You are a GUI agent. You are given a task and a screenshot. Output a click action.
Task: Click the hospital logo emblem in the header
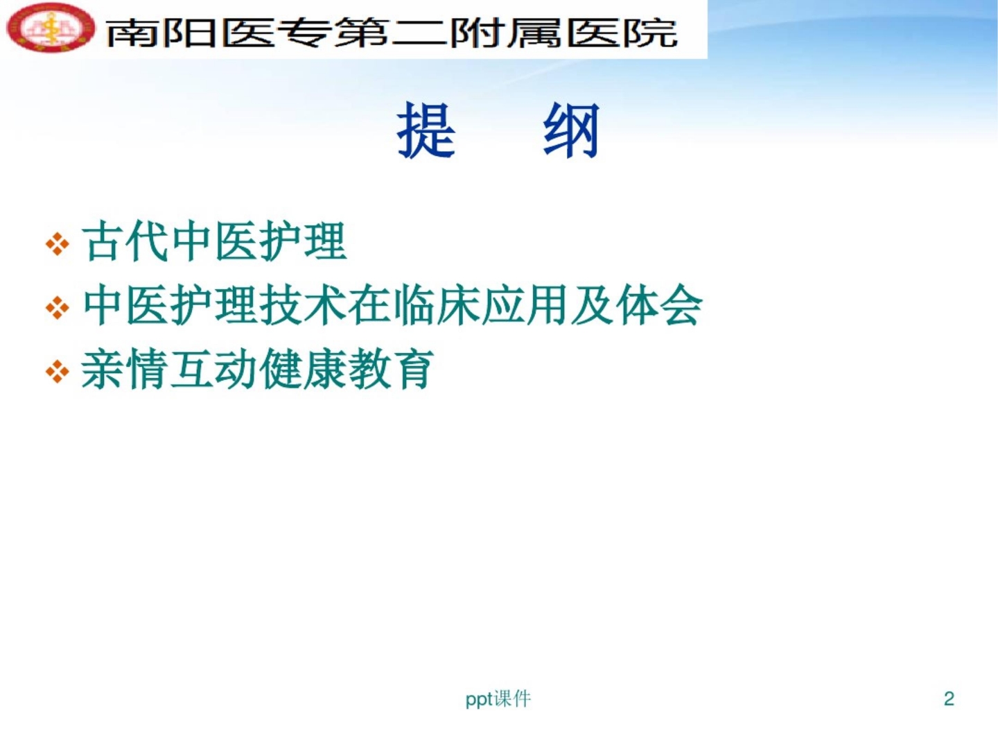point(50,28)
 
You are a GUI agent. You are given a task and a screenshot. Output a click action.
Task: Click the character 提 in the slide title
point(426,130)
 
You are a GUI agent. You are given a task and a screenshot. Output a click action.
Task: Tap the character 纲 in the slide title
point(571,130)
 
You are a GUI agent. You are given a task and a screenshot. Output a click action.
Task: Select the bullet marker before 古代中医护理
point(58,244)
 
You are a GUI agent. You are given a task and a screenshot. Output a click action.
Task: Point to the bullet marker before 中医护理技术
point(58,307)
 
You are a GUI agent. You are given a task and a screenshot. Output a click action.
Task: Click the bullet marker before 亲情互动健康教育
point(58,371)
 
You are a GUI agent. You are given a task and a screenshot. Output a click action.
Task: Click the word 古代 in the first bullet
point(125,242)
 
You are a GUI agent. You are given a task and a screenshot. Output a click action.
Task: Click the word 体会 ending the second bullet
point(658,305)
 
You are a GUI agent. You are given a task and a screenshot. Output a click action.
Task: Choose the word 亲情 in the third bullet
point(124,369)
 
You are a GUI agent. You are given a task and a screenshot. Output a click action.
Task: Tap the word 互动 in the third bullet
point(213,369)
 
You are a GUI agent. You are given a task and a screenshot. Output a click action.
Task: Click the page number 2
point(949,698)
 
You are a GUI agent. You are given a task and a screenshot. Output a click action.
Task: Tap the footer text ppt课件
point(498,698)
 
